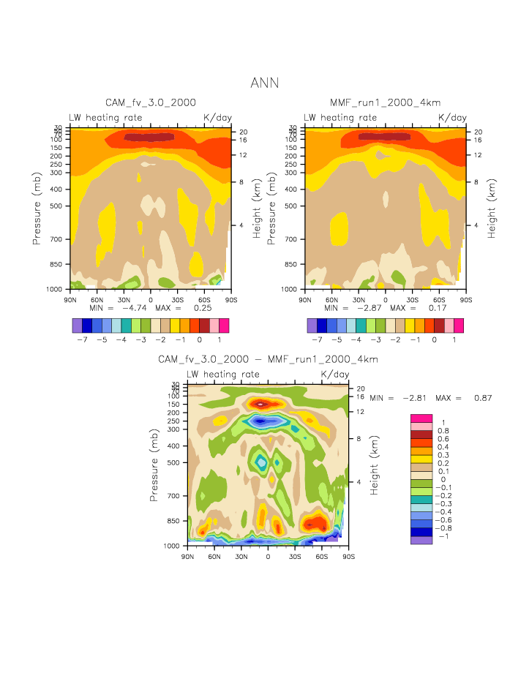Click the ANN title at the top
pyautogui.click(x=264, y=83)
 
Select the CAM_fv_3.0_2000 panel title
pyautogui.click(x=151, y=103)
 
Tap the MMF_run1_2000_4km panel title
pyautogui.click(x=385, y=103)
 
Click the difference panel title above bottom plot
pyautogui.click(x=268, y=359)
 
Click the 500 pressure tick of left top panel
pyautogui.click(x=59, y=206)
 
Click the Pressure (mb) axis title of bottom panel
pyautogui.click(x=154, y=465)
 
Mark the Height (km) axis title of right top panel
pyautogui.click(x=492, y=208)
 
